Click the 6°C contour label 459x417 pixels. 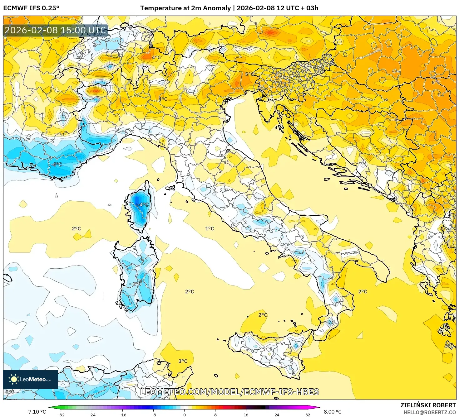tap(436, 83)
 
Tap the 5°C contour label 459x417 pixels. tap(249, 74)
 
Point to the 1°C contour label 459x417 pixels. tap(210, 228)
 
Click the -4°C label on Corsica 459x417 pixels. tap(143, 205)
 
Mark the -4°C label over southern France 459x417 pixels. tap(57, 164)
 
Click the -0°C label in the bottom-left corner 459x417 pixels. tap(9, 392)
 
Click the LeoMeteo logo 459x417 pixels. tap(31, 379)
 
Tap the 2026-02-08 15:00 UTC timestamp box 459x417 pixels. tap(56, 30)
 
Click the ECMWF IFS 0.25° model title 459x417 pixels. tap(31, 8)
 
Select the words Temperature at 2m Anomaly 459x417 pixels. tap(185, 8)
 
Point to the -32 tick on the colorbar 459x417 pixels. tap(61, 415)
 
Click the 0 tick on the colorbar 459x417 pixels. tap(185, 415)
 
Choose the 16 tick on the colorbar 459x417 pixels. tap(246, 415)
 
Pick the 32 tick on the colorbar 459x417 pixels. tap(308, 415)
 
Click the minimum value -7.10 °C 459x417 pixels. tap(36, 412)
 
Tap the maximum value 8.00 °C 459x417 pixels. tap(333, 412)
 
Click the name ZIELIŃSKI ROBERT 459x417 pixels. tap(428, 405)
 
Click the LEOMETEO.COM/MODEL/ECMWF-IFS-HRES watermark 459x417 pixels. tap(230, 392)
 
